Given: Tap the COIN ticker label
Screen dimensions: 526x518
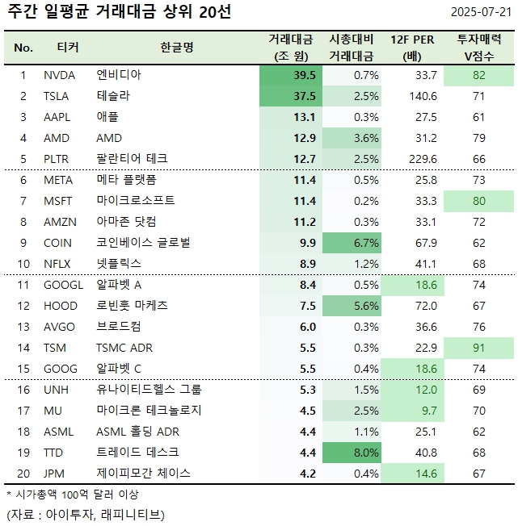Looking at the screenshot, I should click(57, 243).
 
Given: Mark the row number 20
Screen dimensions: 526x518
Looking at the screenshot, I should click(23, 474).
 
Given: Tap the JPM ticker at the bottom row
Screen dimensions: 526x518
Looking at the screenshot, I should click(55, 474).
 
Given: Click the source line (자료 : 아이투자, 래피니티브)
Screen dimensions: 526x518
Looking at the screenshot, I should click(85, 514).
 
